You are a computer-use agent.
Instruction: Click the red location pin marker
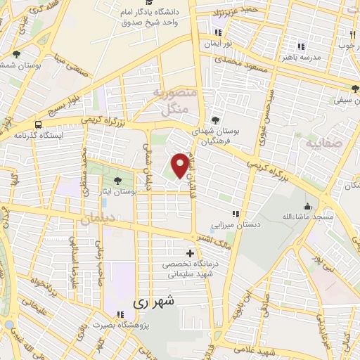(180, 165)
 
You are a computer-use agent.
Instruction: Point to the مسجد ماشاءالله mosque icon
(307, 206)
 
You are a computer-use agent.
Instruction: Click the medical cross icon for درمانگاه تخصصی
(190, 252)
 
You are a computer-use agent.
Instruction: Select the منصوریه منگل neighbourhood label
(171, 101)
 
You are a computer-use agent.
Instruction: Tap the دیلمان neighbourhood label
(96, 220)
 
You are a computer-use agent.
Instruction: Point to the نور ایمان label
(217, 44)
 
